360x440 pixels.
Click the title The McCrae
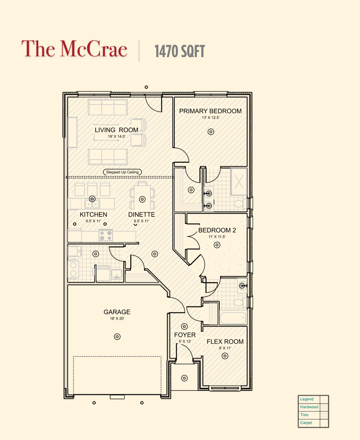click(74, 49)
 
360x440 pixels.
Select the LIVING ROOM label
click(116, 130)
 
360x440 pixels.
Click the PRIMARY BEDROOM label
click(210, 111)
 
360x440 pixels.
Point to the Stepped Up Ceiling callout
click(122, 172)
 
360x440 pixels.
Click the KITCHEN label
click(93, 215)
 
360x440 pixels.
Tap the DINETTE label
click(141, 215)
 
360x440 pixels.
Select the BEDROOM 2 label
click(217, 230)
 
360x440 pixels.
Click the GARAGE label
click(117, 312)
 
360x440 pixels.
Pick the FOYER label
click(184, 335)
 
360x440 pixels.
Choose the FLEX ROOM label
click(225, 342)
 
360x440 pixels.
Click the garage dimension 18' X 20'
click(117, 318)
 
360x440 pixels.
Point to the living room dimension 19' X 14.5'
click(116, 137)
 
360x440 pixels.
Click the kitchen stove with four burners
click(106, 236)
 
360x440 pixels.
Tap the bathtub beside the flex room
click(233, 318)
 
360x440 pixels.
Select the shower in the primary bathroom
click(238, 182)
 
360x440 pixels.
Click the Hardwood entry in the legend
click(309, 407)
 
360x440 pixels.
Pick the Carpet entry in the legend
click(306, 423)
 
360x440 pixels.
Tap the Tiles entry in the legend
click(304, 415)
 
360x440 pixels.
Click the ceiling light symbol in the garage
click(117, 336)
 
